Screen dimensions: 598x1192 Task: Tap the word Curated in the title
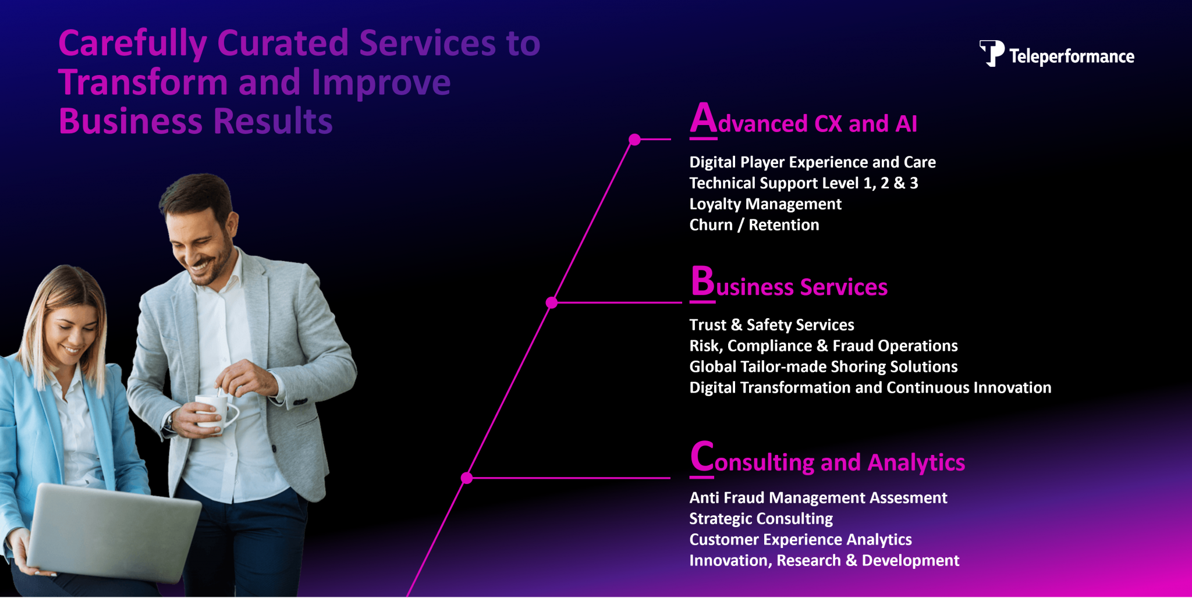pyautogui.click(x=283, y=44)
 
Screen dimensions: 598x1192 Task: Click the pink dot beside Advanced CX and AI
pyautogui.click(x=635, y=140)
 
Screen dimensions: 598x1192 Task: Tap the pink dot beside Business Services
pyautogui.click(x=552, y=302)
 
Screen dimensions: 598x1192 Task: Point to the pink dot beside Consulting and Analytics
pyautogui.click(x=467, y=478)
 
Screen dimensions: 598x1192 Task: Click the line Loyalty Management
pyautogui.click(x=765, y=204)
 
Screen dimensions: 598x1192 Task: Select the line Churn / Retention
pyautogui.click(x=754, y=225)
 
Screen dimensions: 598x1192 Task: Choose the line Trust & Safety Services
pyautogui.click(x=772, y=325)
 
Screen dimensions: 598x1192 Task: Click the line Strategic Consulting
pyautogui.click(x=761, y=518)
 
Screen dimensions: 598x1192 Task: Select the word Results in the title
pyautogui.click(x=273, y=122)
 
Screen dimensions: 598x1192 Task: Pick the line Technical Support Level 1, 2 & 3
pyautogui.click(x=804, y=183)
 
